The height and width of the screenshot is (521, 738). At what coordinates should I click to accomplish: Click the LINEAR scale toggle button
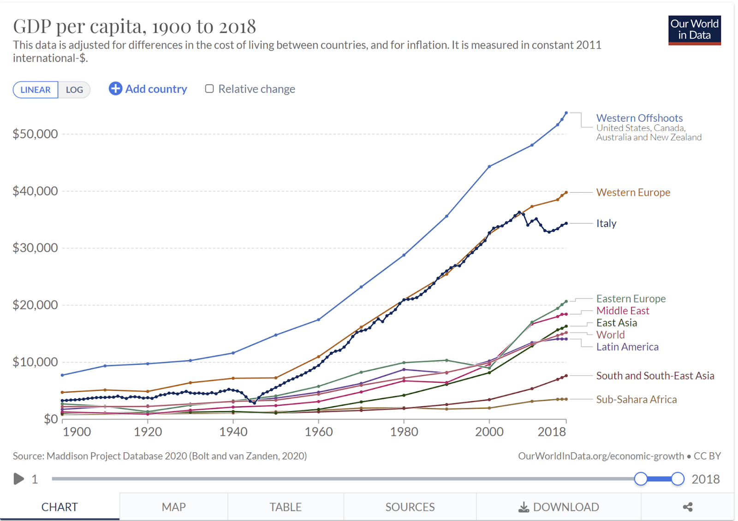point(36,89)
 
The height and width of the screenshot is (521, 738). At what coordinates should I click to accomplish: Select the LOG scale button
point(74,89)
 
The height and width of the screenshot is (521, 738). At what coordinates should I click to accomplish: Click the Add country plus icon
point(115,89)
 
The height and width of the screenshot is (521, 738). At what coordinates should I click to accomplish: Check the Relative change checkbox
point(209,89)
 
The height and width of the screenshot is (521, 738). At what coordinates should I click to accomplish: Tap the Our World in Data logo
point(694,30)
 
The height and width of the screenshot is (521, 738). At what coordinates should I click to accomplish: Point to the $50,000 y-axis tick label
point(35,134)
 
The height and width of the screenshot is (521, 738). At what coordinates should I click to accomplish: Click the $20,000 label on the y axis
point(35,305)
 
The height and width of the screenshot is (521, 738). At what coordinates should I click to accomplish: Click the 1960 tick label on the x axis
point(319,432)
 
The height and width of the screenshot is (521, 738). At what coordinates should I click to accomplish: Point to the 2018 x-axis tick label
point(552,432)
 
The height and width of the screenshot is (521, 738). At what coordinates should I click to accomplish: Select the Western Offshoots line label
point(639,118)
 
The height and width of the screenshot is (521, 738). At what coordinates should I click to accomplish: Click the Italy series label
point(606,223)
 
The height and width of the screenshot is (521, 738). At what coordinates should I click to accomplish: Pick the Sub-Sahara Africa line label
point(636,399)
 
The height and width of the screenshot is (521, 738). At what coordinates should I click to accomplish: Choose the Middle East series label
point(623,311)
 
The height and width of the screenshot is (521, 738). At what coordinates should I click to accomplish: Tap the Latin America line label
point(627,347)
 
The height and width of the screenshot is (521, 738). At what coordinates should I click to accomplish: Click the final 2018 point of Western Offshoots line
point(566,113)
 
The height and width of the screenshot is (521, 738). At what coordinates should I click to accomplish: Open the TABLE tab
point(286,507)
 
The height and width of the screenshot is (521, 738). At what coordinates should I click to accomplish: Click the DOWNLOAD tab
point(559,507)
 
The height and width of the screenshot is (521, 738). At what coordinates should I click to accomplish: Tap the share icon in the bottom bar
point(688,507)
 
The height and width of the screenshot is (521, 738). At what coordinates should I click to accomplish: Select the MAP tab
point(173,507)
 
